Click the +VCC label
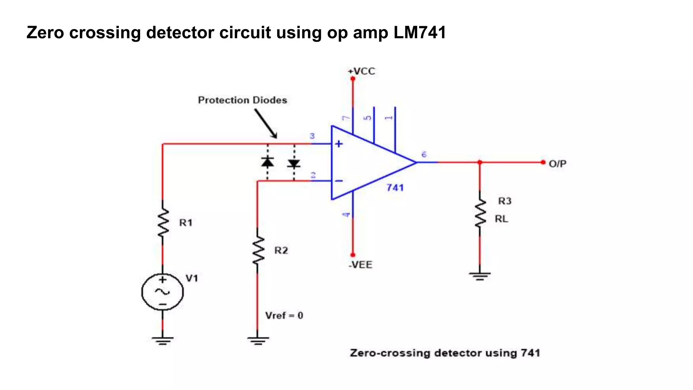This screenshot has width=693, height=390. [x=362, y=71]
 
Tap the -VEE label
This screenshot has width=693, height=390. [x=360, y=265]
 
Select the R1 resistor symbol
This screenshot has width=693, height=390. [x=163, y=222]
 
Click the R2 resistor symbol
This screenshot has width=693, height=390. [x=258, y=251]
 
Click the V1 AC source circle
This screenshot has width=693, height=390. [x=163, y=292]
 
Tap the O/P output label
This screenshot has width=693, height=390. [x=557, y=164]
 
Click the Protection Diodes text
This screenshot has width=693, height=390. [x=242, y=100]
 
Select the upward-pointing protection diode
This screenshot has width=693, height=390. [x=268, y=162]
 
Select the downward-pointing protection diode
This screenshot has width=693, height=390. [x=294, y=164]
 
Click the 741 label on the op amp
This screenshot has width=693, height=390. [x=395, y=188]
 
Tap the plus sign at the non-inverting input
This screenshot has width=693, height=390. [x=339, y=144]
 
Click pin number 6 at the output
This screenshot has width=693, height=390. [x=424, y=154]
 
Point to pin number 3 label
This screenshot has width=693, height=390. [x=312, y=136]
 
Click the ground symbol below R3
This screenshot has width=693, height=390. [x=480, y=276]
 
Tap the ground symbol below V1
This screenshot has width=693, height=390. [x=163, y=341]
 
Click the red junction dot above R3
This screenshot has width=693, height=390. [x=480, y=162]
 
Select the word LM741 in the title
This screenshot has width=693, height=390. [x=420, y=33]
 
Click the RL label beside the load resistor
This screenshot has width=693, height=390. [x=501, y=219]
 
